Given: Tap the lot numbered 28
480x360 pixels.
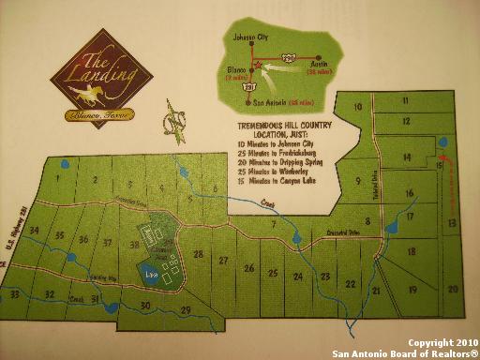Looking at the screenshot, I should pos(198,254).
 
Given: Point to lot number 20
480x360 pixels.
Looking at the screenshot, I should pos(452,290).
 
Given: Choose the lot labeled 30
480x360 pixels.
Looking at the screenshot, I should pos(144,306).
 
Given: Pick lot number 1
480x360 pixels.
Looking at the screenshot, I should pos(57,177).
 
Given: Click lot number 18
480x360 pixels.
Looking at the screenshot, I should pos(410,252).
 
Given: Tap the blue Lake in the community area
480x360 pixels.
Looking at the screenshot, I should pos(151,273).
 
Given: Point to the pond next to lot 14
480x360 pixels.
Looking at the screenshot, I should pos(442,143).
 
